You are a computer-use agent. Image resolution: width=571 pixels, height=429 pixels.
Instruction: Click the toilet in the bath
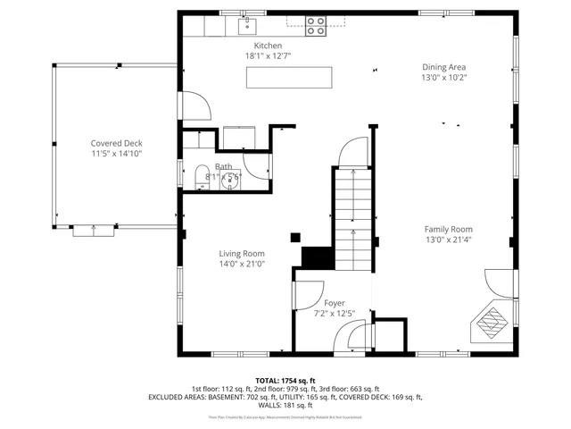point(201,173)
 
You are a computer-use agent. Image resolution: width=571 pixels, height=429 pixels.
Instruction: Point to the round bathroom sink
point(234,180)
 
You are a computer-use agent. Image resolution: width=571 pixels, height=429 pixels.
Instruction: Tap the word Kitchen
point(268,46)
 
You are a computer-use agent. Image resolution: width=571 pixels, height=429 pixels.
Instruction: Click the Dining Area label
point(443,66)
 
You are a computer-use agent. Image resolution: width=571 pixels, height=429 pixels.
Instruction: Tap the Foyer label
point(334,303)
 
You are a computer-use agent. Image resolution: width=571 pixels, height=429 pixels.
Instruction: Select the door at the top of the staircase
point(354,150)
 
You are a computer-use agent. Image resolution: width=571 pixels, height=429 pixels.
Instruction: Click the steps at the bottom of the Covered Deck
point(93,231)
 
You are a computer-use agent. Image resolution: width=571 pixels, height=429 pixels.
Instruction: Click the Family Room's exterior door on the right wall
point(501,284)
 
